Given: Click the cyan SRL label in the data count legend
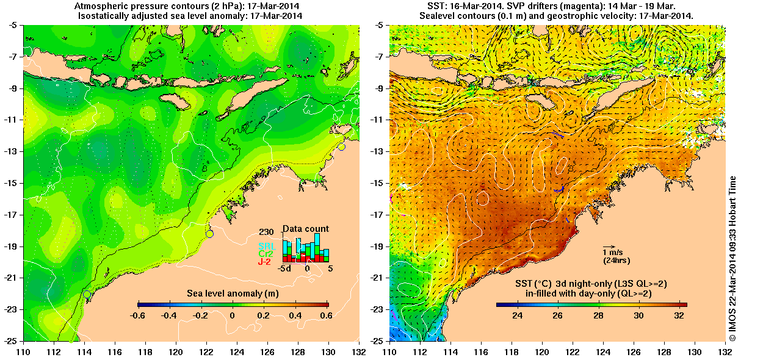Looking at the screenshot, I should pos(267,246).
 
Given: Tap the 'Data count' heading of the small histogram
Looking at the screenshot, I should pos(306,229).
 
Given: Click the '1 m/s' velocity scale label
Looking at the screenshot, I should pos(612,252).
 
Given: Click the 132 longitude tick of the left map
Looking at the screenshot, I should pos(359,352).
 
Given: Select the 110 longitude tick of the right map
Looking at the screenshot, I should pos(390,352).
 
